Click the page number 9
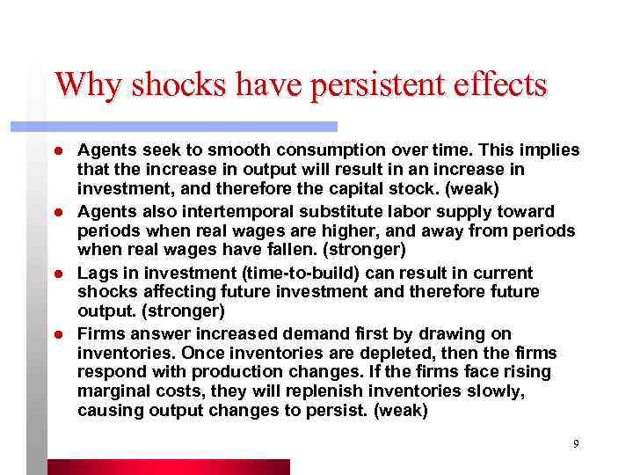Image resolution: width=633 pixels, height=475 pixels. coord(576,444)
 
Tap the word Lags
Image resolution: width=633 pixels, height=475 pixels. coord(97,273)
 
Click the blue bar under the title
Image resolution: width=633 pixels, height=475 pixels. coord(193,126)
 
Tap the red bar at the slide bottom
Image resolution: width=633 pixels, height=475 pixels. coord(167,466)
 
